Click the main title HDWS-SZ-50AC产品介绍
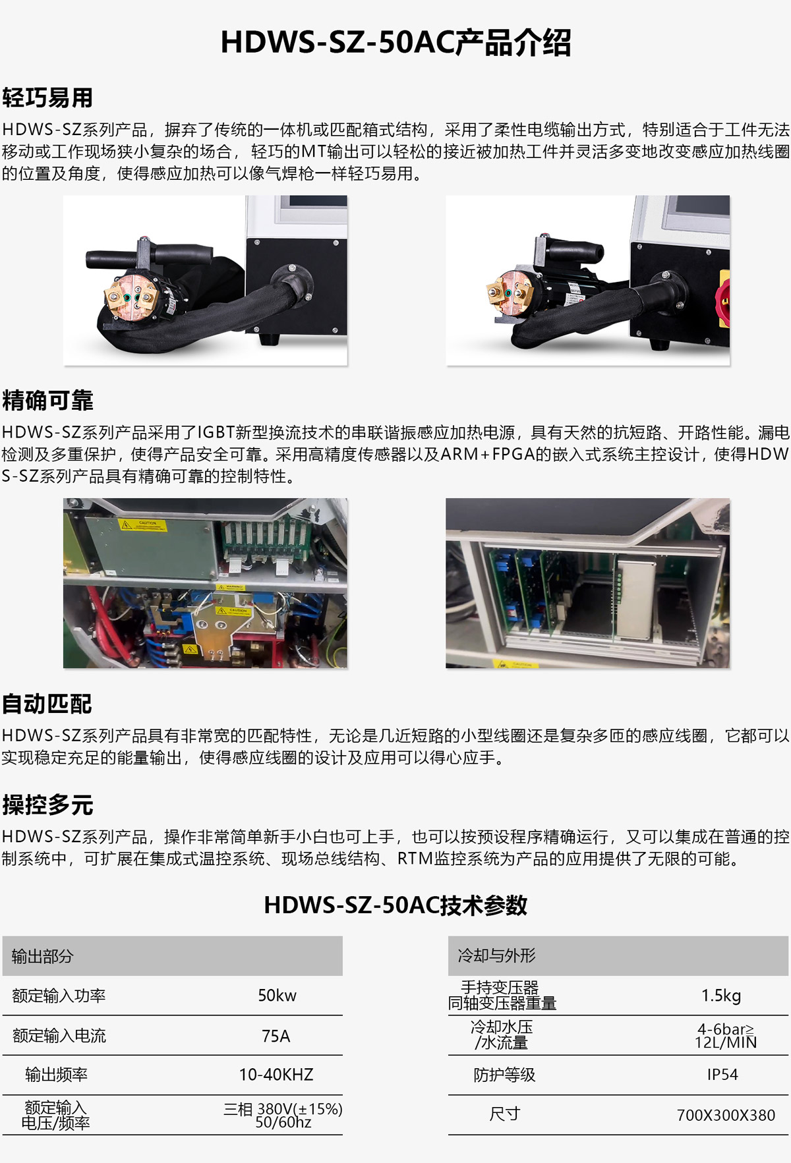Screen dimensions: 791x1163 [395, 43]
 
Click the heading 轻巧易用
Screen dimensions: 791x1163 [47, 98]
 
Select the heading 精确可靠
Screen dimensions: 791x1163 [47, 400]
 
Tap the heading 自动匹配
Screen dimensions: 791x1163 [47, 704]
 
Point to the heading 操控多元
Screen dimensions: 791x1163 [47, 805]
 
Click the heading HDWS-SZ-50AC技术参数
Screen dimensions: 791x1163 [395, 905]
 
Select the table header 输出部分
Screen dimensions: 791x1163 [42, 956]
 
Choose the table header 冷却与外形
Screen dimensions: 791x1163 [496, 955]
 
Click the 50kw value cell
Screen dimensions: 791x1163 [277, 995]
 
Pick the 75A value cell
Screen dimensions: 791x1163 [276, 1036]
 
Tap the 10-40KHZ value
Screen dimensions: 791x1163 [276, 1075]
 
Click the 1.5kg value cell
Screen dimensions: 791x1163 [721, 995]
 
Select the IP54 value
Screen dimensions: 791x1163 [722, 1075]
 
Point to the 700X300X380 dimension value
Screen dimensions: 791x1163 [726, 1115]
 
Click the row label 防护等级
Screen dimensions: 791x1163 [504, 1075]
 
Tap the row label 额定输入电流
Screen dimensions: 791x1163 [59, 1036]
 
